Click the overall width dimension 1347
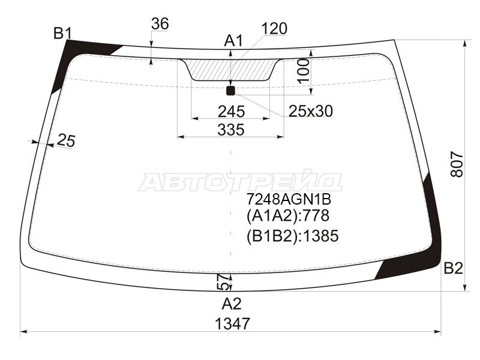tap(232, 323)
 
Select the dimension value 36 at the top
tap(160, 24)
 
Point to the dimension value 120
tap(274, 28)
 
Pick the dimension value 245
tap(231, 112)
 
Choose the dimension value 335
tap(231, 130)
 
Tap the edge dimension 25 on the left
tap(66, 140)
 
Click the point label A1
tap(233, 41)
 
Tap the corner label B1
tap(62, 33)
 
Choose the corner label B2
tap(453, 269)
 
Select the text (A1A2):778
tap(287, 217)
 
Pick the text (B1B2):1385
tap(292, 236)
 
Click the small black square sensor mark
tap(230, 91)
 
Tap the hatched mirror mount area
tap(232, 69)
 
